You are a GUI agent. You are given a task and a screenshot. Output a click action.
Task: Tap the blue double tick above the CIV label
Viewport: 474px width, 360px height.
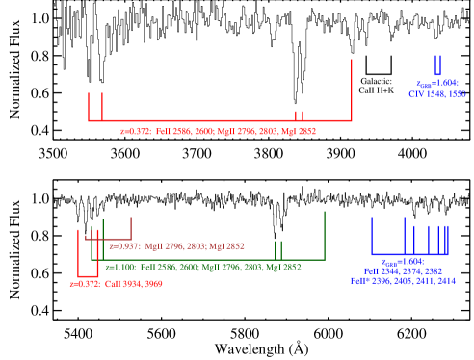[437, 65]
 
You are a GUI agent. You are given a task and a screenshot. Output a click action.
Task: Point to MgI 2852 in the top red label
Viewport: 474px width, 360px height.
[298, 131]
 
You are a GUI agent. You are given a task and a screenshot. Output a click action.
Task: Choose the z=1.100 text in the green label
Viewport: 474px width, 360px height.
[120, 267]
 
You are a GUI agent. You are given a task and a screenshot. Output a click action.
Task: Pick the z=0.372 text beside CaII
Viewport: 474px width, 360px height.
[85, 284]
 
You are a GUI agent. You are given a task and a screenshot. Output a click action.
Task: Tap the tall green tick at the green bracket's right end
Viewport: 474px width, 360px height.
[325, 234]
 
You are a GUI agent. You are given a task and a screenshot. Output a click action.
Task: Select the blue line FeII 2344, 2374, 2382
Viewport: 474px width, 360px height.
[403, 271]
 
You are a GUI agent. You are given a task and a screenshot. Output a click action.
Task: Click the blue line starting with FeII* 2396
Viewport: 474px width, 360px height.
[403, 281]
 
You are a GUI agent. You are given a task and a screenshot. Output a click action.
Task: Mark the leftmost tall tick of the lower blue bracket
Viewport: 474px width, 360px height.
[372, 236]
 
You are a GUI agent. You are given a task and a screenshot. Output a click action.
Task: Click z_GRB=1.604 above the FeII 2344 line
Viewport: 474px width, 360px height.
[402, 262]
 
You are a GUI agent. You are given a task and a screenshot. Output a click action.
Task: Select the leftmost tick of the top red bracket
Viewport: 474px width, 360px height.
[89, 106]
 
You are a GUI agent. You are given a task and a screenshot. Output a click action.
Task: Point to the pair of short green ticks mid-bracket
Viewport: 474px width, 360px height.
[277, 250]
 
